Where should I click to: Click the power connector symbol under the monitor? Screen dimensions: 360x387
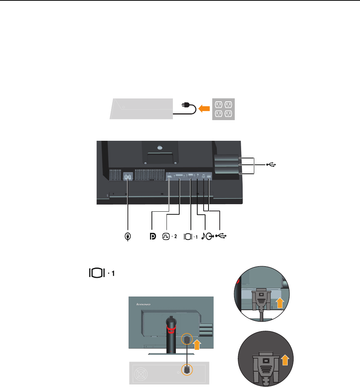point(128,237)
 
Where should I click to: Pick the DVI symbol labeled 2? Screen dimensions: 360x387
point(166,236)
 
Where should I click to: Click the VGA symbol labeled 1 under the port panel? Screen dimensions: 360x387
point(189,237)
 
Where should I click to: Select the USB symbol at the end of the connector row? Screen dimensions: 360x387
point(221,236)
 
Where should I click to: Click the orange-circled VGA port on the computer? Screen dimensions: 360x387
point(186,370)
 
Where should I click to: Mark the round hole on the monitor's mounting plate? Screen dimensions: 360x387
point(160,148)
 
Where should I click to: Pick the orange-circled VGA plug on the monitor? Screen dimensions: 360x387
point(186,340)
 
